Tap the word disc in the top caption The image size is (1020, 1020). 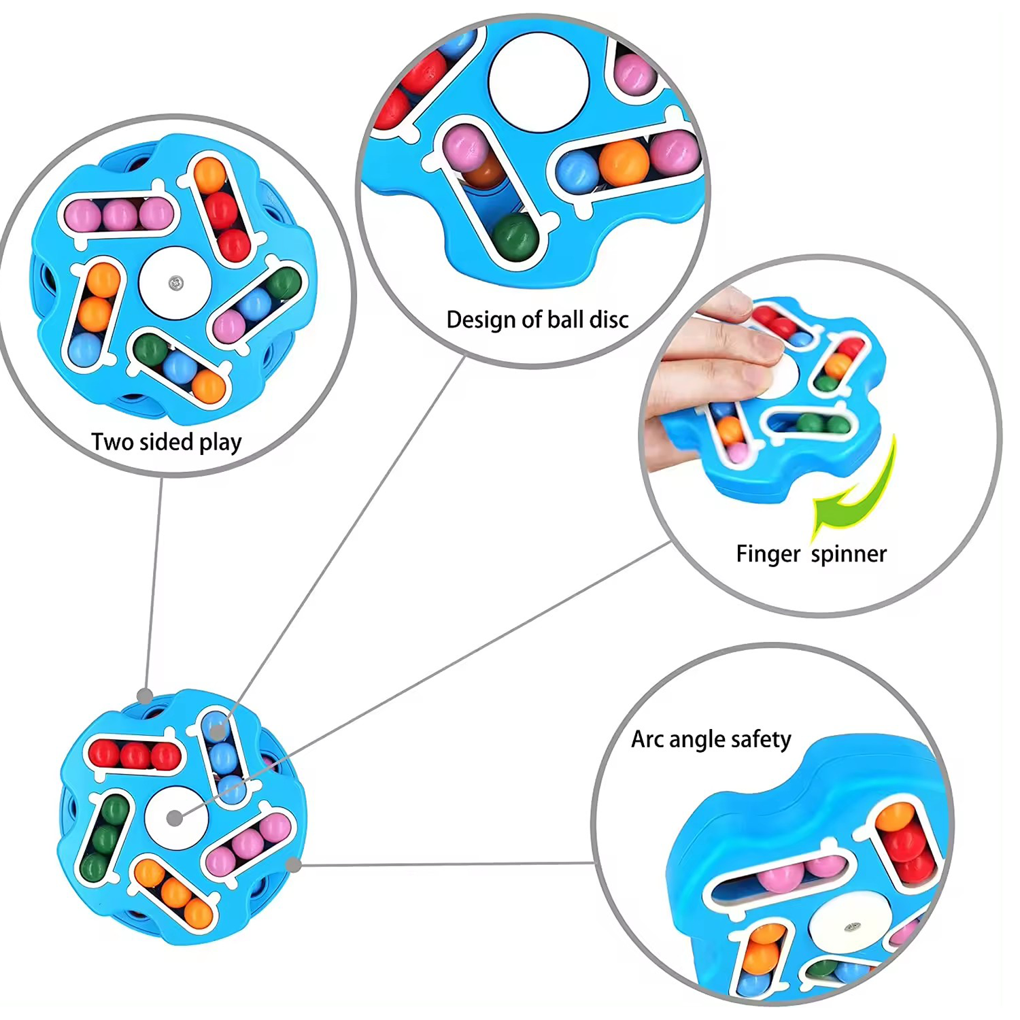tap(609, 319)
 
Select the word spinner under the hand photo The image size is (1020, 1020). tap(849, 554)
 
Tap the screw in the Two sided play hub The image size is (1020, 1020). tap(175, 282)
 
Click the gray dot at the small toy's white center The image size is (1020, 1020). tap(175, 818)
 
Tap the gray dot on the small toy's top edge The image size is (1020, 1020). tap(145, 696)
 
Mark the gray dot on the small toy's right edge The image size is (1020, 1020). tap(294, 865)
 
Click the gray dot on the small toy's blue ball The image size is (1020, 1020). tap(216, 732)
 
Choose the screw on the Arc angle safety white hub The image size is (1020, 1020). tap(851, 927)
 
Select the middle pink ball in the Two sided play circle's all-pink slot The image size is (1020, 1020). tap(120, 216)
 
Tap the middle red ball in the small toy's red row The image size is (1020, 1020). tap(135, 755)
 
